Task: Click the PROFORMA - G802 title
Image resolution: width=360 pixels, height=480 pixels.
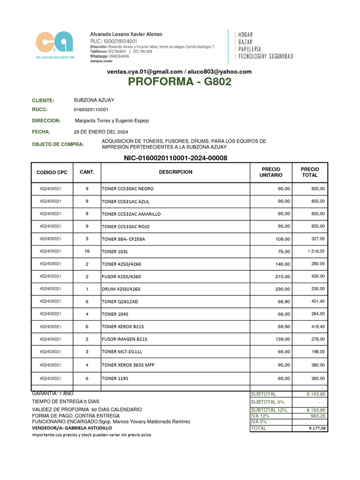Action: (x=180, y=82)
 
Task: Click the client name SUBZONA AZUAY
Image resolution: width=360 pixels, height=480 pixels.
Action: (x=94, y=100)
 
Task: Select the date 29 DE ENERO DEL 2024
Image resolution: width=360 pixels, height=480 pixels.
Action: (x=101, y=132)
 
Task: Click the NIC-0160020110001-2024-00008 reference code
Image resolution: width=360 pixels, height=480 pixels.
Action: (x=175, y=158)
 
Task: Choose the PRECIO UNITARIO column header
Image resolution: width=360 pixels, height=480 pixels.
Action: (x=271, y=172)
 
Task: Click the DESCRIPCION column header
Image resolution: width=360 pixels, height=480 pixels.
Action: (x=176, y=172)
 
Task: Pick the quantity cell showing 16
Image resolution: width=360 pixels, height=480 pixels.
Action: (x=87, y=251)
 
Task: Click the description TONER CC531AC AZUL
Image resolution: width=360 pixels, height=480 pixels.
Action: (x=126, y=201)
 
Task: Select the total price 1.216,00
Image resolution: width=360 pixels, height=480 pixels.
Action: (x=316, y=251)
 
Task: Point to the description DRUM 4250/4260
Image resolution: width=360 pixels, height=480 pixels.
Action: (x=121, y=289)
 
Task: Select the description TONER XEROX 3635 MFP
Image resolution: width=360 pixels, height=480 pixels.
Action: (x=127, y=364)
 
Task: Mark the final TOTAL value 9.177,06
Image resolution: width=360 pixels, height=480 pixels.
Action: (x=317, y=428)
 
